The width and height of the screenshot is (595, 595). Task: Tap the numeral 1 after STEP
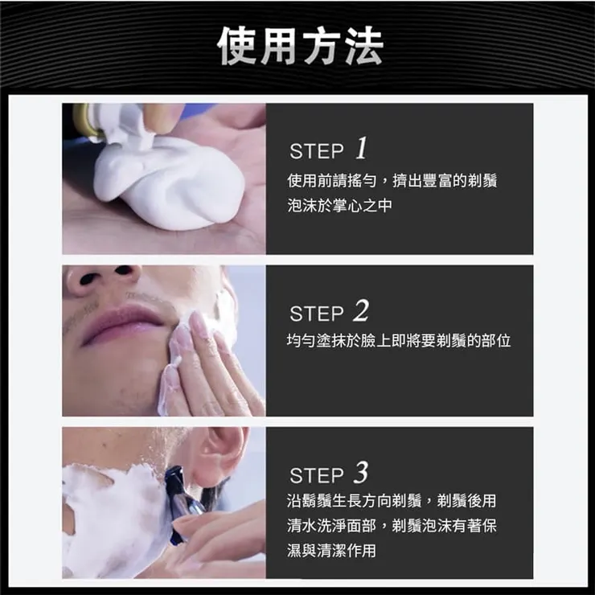[x=361, y=149]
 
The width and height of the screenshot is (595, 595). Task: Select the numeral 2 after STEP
[x=361, y=310]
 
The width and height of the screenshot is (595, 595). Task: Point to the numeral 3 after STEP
[x=361, y=472]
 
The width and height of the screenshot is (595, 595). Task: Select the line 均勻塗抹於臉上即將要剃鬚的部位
[x=399, y=342]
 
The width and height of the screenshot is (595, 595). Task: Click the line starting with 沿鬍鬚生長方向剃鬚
[x=392, y=501]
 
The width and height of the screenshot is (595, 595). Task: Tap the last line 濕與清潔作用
[x=331, y=551]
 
